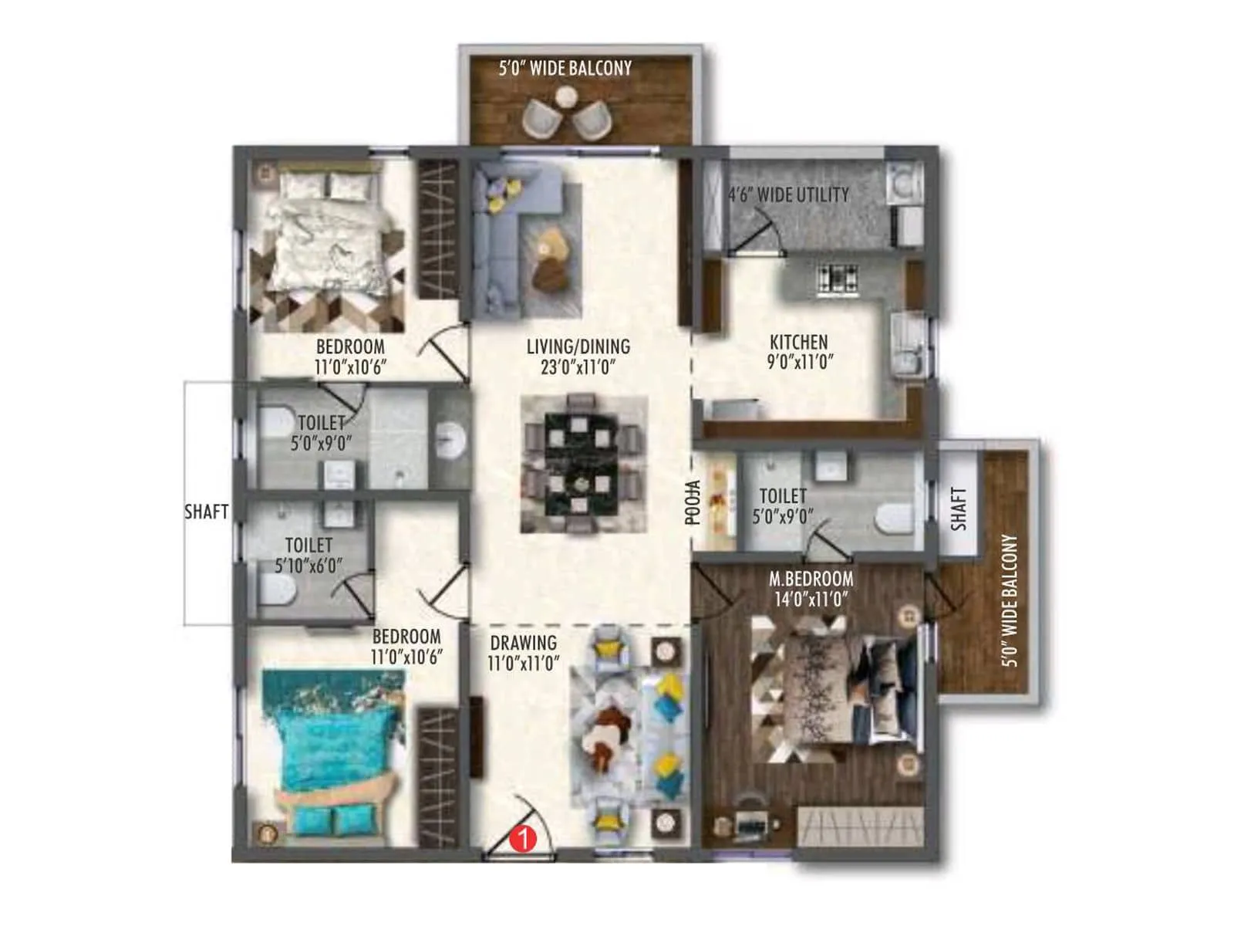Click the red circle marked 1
click(x=524, y=838)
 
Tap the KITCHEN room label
click(x=799, y=342)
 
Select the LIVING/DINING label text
click(x=578, y=347)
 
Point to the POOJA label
click(x=693, y=502)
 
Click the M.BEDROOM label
click(x=811, y=579)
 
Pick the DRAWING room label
click(x=523, y=643)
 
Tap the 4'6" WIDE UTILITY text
click(x=788, y=195)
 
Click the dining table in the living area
click(x=583, y=464)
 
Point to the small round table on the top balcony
click(x=566, y=97)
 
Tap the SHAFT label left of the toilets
click(x=206, y=512)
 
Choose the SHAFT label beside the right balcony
click(x=959, y=508)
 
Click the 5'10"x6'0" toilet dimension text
click(x=308, y=566)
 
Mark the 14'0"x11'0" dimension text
click(x=811, y=599)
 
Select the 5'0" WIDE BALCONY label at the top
click(x=565, y=69)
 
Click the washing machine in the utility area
click(x=903, y=183)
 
